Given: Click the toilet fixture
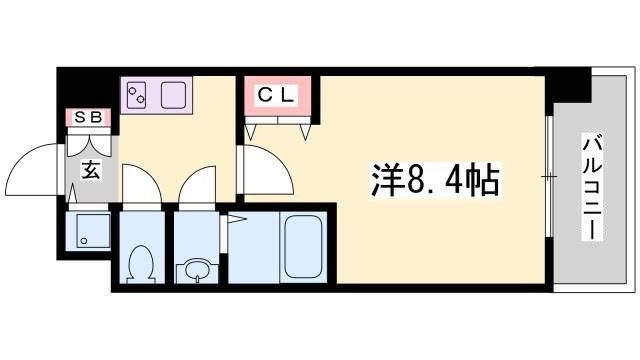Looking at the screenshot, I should (x=140, y=263).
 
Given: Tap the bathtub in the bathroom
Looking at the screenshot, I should (x=306, y=247).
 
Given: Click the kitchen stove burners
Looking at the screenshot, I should (x=137, y=95).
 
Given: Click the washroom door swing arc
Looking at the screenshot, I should (x=195, y=185).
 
